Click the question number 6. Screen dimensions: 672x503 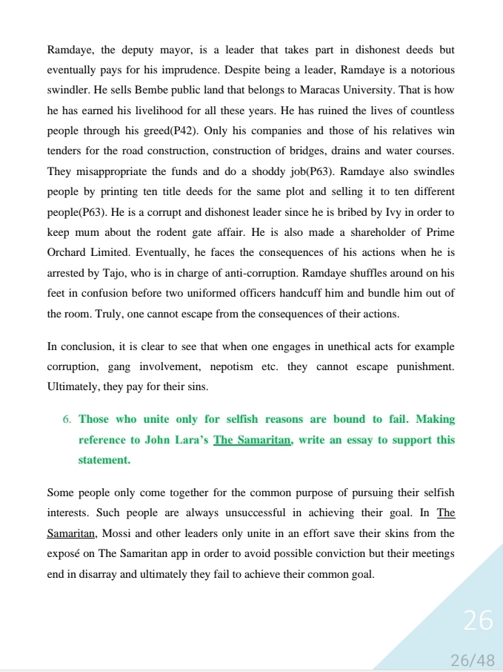point(67,420)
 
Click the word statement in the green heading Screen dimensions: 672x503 point(104,461)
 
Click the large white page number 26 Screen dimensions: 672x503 point(478,620)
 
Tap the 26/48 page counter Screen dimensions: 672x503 point(472,659)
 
